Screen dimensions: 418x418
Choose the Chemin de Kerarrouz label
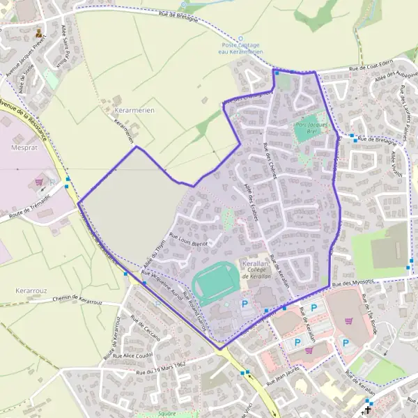(x=77, y=301)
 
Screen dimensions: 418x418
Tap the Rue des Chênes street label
(x=270, y=160)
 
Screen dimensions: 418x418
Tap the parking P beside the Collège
(x=245, y=304)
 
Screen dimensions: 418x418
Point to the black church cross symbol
(x=367, y=410)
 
